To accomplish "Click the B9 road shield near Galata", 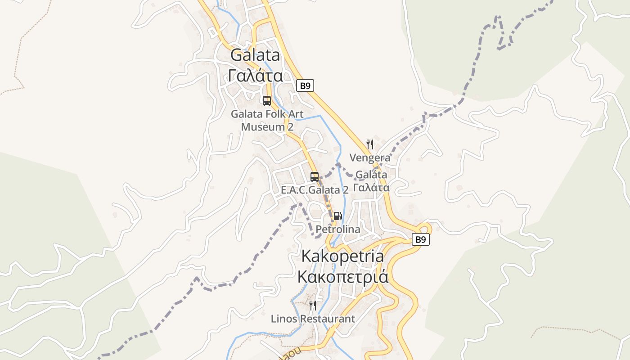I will tap(305, 85).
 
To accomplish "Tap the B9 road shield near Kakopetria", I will tap(420, 239).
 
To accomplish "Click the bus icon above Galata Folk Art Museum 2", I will tap(267, 100).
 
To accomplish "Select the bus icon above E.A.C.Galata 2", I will tap(315, 176).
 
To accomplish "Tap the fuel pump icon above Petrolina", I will tap(337, 216).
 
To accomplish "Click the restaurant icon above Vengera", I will tap(370, 144).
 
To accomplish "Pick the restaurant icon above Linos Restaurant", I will tap(312, 306).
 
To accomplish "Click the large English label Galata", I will tap(255, 55).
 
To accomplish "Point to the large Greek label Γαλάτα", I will tap(255, 76).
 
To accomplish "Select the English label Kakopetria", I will tap(342, 256).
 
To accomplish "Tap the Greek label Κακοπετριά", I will tap(342, 276).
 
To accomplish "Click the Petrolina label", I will tap(337, 229).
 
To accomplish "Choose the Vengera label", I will tap(370, 158).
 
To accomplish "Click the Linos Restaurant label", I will tap(313, 319).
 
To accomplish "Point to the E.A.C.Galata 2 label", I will tap(315, 190).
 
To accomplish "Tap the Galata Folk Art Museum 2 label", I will tap(267, 121).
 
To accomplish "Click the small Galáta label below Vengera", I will tap(371, 175).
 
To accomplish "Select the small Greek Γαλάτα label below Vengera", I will tap(371, 187).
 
